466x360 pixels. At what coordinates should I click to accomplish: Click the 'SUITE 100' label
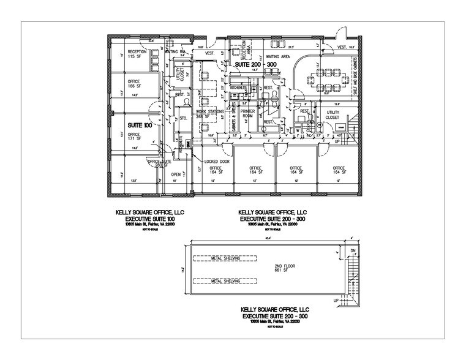139,125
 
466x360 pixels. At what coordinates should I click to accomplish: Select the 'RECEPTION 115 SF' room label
135,54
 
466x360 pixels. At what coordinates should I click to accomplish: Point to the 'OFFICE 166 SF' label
134,84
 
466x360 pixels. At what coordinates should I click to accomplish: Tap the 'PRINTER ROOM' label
248,113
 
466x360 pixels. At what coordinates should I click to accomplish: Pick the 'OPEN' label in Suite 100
174,174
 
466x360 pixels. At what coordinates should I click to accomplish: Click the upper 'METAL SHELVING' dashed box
224,258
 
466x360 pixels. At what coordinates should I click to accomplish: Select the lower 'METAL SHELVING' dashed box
224,282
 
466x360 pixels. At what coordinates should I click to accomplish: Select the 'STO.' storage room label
182,119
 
